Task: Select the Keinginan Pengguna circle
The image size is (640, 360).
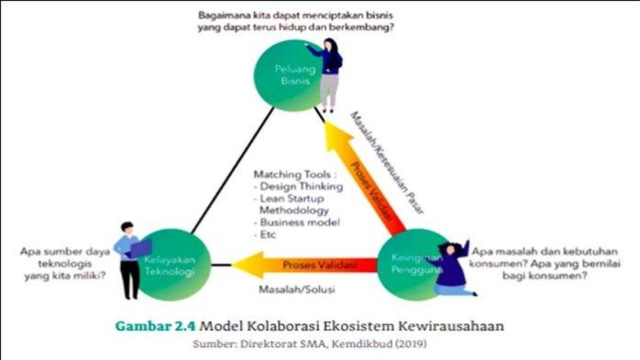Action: tap(411, 265)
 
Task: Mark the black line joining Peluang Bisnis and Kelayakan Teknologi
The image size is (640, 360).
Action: tap(233, 171)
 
